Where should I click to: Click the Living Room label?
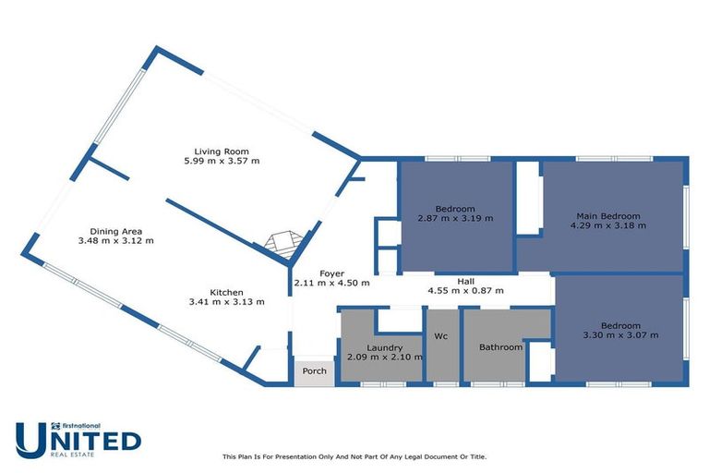coord(222,152)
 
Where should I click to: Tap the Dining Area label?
coord(115,231)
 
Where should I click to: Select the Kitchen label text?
coord(226,291)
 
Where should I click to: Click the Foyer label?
coord(331,273)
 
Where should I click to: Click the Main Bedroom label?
coord(605,216)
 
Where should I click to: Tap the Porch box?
coord(314,371)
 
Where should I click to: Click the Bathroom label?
coord(500,347)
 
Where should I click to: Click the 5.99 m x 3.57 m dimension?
coord(222,162)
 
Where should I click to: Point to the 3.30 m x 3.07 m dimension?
coord(619,335)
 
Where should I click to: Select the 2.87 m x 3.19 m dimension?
coord(455,219)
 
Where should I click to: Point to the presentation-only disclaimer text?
coord(354,456)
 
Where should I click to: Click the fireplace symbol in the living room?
coord(281,243)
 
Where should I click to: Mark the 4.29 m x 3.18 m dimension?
coord(605,226)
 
